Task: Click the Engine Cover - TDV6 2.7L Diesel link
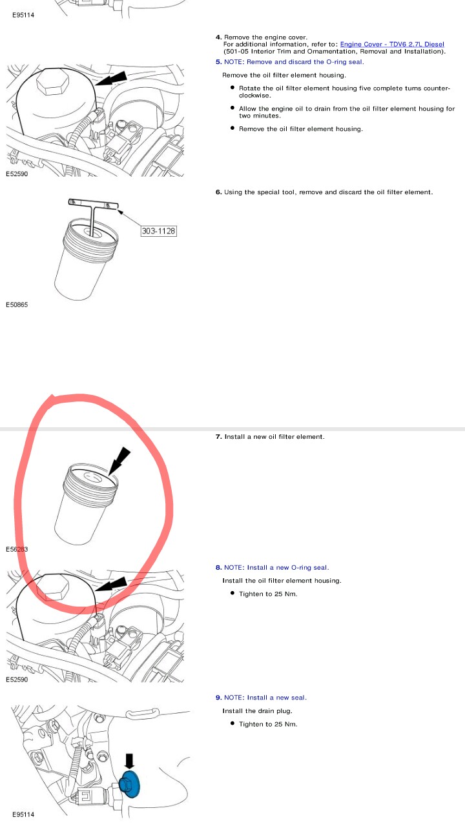[x=392, y=45]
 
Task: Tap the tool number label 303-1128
[x=159, y=231]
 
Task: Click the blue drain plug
[x=130, y=783]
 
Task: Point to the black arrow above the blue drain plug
[x=129, y=761]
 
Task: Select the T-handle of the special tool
[x=93, y=204]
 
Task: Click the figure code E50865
[x=17, y=305]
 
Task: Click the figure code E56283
[x=17, y=549]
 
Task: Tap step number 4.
[x=219, y=37]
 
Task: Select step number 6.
[x=219, y=192]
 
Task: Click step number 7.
[x=219, y=437]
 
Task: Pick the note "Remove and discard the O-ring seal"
[x=294, y=62]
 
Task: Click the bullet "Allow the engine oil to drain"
[x=347, y=112]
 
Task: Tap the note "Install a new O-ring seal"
[x=276, y=567]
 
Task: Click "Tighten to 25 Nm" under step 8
[x=268, y=594]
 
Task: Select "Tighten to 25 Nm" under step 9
[x=268, y=724]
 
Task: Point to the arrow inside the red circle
[x=119, y=461]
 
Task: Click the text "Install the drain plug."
[x=257, y=711]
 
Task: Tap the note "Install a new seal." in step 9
[x=265, y=698]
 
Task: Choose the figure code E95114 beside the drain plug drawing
[x=23, y=814]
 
